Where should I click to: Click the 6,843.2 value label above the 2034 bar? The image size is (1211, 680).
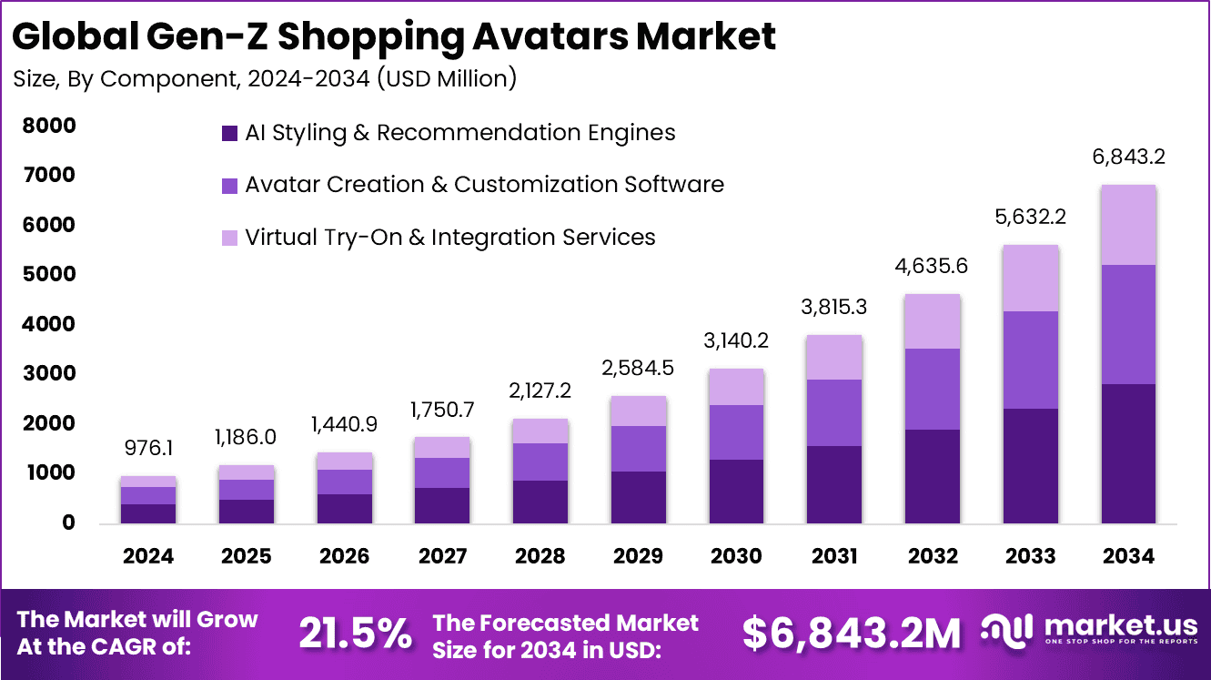[1128, 157]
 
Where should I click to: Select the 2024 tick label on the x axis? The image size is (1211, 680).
[147, 556]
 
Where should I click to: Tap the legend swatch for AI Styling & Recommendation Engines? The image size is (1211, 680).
[229, 133]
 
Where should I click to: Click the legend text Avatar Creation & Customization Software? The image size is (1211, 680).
[484, 185]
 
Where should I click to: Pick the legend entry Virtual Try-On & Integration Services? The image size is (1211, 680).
[449, 238]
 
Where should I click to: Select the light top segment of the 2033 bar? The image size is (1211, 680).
[1030, 279]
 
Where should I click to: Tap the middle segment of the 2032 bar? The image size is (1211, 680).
[932, 389]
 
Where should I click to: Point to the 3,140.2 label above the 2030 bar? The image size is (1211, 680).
[736, 340]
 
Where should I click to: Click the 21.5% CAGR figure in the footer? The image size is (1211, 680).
[356, 634]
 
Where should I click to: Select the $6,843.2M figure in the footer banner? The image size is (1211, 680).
[851, 634]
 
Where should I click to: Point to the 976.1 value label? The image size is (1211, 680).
[147, 448]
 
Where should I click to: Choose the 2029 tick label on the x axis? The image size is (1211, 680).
[638, 556]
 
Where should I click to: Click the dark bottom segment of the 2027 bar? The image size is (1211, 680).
[442, 505]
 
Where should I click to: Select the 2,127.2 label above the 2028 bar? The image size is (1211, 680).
[540, 391]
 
